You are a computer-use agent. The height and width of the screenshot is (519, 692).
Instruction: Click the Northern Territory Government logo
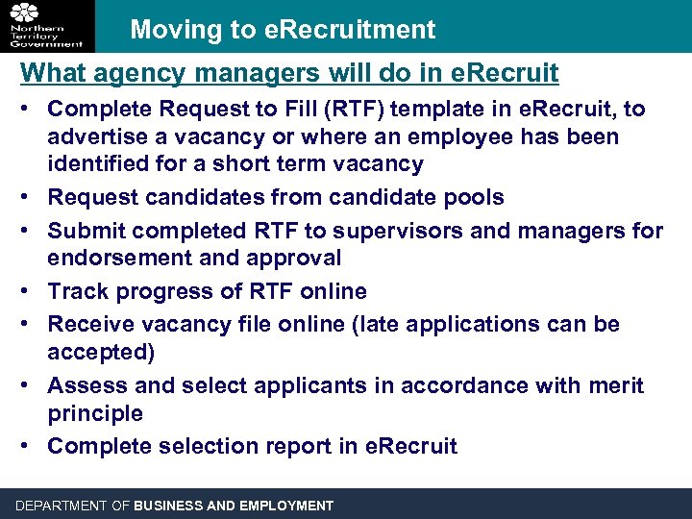pos(47,25)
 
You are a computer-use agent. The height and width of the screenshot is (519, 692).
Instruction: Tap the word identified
pos(101,164)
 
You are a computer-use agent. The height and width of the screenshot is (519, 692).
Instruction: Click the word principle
pos(95,413)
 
